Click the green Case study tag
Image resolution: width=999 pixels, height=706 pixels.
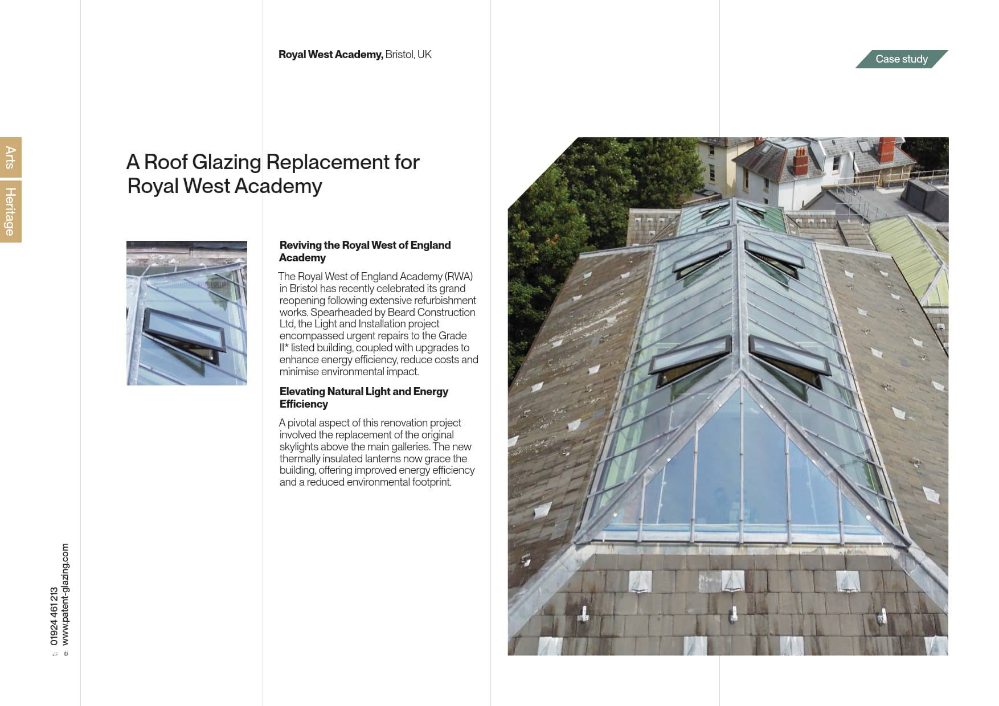click(901, 59)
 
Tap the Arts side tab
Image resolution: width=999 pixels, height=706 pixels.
click(10, 157)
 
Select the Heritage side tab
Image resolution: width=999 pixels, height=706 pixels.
click(10, 211)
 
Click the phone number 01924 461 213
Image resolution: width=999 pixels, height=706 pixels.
click(54, 616)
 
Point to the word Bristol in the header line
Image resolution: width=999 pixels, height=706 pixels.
click(399, 55)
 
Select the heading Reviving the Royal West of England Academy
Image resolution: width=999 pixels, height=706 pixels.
click(365, 251)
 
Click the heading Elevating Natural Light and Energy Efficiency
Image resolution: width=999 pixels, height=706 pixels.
click(363, 397)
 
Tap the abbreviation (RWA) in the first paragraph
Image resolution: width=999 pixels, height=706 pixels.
click(458, 277)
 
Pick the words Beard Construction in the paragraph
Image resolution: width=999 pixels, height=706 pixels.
click(431, 313)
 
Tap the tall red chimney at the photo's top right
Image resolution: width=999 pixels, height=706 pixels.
click(886, 149)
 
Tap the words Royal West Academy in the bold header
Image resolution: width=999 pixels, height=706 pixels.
click(330, 55)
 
